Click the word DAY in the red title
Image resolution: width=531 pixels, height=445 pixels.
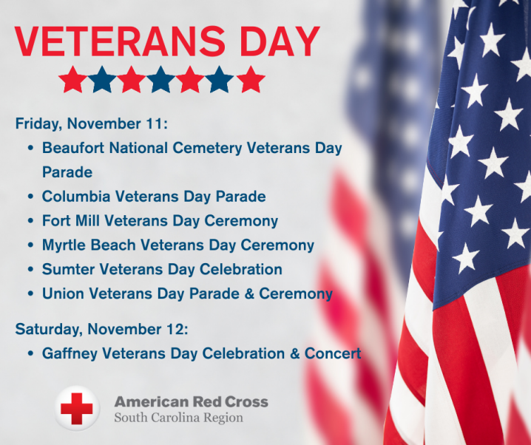pyautogui.click(x=273, y=42)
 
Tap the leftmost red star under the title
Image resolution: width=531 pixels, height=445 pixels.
pyautogui.click(x=72, y=79)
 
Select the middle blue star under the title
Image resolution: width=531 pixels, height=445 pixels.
pyautogui.click(x=161, y=79)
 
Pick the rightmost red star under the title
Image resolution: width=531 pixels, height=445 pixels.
pyautogui.click(x=251, y=79)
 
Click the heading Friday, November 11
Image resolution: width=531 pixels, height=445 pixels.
pyautogui.click(x=92, y=123)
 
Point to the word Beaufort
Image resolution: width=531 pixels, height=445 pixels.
pyautogui.click(x=71, y=148)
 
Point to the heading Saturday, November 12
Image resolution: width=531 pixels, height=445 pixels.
pyautogui.click(x=101, y=328)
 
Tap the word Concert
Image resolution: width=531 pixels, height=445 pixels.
pyautogui.click(x=333, y=353)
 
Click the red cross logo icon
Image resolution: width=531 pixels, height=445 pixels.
pyautogui.click(x=76, y=409)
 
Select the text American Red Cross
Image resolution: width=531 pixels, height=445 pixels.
pyautogui.click(x=191, y=402)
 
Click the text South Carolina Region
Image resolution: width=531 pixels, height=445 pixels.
pyautogui.click(x=178, y=418)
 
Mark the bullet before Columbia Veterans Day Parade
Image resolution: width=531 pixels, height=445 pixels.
pyautogui.click(x=30, y=197)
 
